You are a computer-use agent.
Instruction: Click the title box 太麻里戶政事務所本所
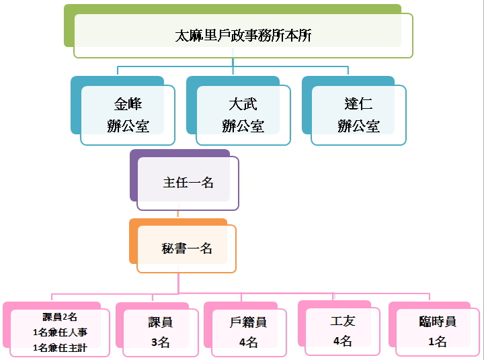[243, 36]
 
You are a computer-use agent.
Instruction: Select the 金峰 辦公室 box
[128, 115]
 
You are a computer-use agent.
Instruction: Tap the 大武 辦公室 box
[243, 115]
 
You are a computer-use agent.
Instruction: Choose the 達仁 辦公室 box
[358, 115]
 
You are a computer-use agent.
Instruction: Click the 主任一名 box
[188, 183]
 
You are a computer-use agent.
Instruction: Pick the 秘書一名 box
[187, 249]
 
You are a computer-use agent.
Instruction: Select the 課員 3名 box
[161, 332]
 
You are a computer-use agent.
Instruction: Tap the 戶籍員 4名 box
[248, 332]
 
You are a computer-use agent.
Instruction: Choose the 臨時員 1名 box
[438, 331]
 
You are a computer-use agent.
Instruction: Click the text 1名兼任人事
[60, 332]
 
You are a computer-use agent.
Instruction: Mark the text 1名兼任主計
[60, 348]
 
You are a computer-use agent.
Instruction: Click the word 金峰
[128, 104]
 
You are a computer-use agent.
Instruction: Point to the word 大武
[243, 104]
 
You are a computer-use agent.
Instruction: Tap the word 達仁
[358, 104]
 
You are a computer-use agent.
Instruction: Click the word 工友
[342, 322]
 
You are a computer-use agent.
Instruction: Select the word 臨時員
[438, 322]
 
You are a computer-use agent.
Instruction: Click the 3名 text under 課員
[161, 343]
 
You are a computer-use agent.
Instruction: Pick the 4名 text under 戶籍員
[248, 343]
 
